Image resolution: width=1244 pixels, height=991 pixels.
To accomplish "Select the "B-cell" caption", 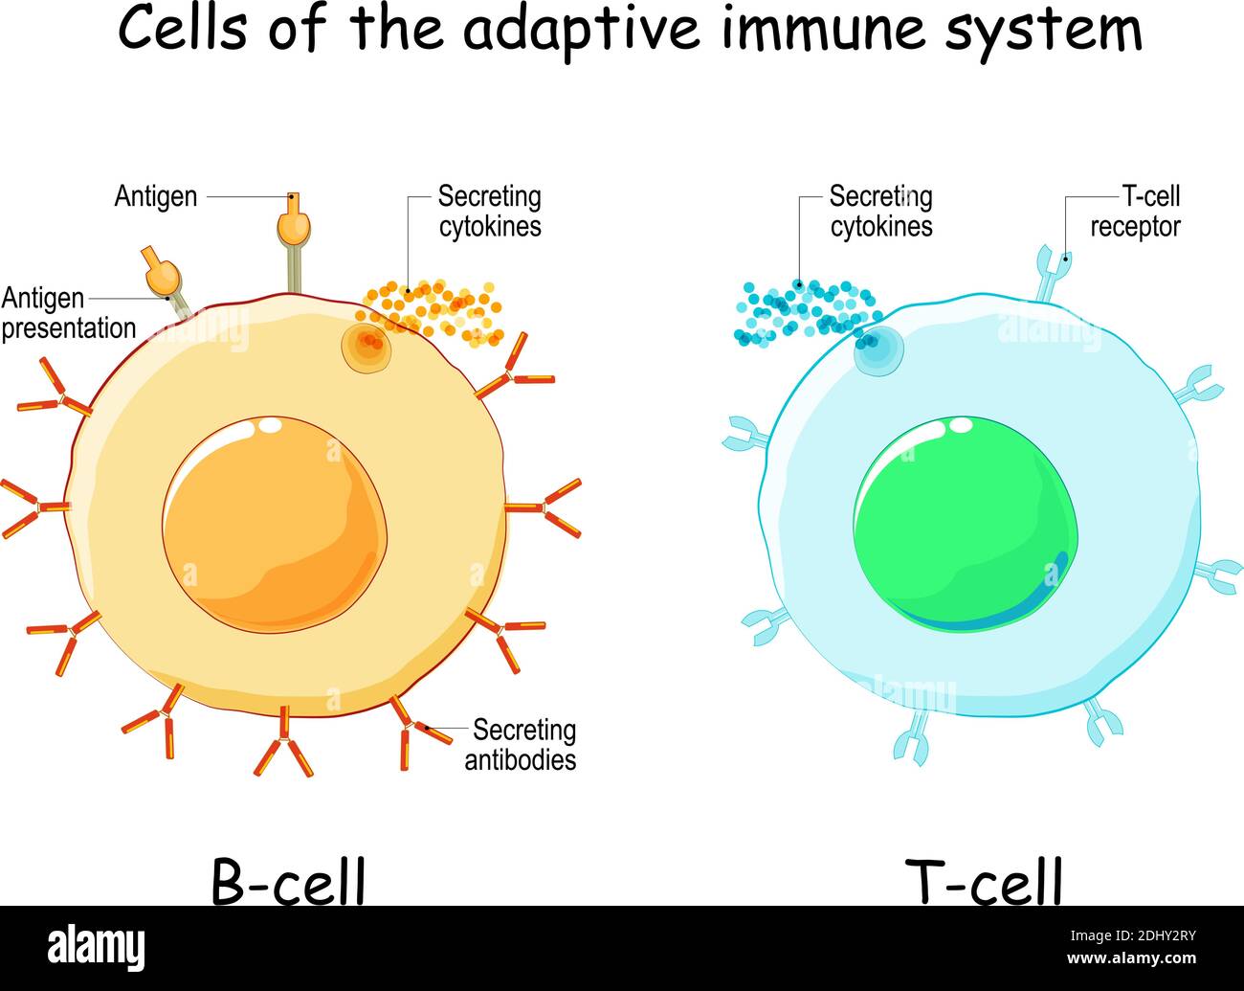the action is [288, 881].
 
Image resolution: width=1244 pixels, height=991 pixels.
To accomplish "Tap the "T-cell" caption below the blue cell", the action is [984, 881].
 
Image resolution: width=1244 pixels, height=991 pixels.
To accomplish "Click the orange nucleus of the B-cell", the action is [274, 525].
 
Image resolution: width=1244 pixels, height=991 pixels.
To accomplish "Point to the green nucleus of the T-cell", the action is [965, 524].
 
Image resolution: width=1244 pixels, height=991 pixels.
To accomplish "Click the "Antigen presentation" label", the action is [69, 313].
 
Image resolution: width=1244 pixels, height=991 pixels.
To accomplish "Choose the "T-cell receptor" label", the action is [1135, 212].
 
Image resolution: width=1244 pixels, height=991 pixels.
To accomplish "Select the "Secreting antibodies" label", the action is [521, 745].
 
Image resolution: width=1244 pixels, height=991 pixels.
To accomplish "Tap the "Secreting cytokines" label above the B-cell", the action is [490, 212].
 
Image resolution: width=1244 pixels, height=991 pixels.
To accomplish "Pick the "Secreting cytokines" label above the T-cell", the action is [881, 212].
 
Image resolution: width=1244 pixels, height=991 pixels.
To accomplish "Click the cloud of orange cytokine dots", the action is [430, 313].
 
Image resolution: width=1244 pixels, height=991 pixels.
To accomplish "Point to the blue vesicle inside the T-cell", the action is [878, 350].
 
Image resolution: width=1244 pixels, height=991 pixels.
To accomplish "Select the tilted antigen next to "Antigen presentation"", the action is [167, 281].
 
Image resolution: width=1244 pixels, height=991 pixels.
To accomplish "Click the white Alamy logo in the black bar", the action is [96, 948].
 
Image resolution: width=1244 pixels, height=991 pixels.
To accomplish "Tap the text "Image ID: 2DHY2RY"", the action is [1132, 935].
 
